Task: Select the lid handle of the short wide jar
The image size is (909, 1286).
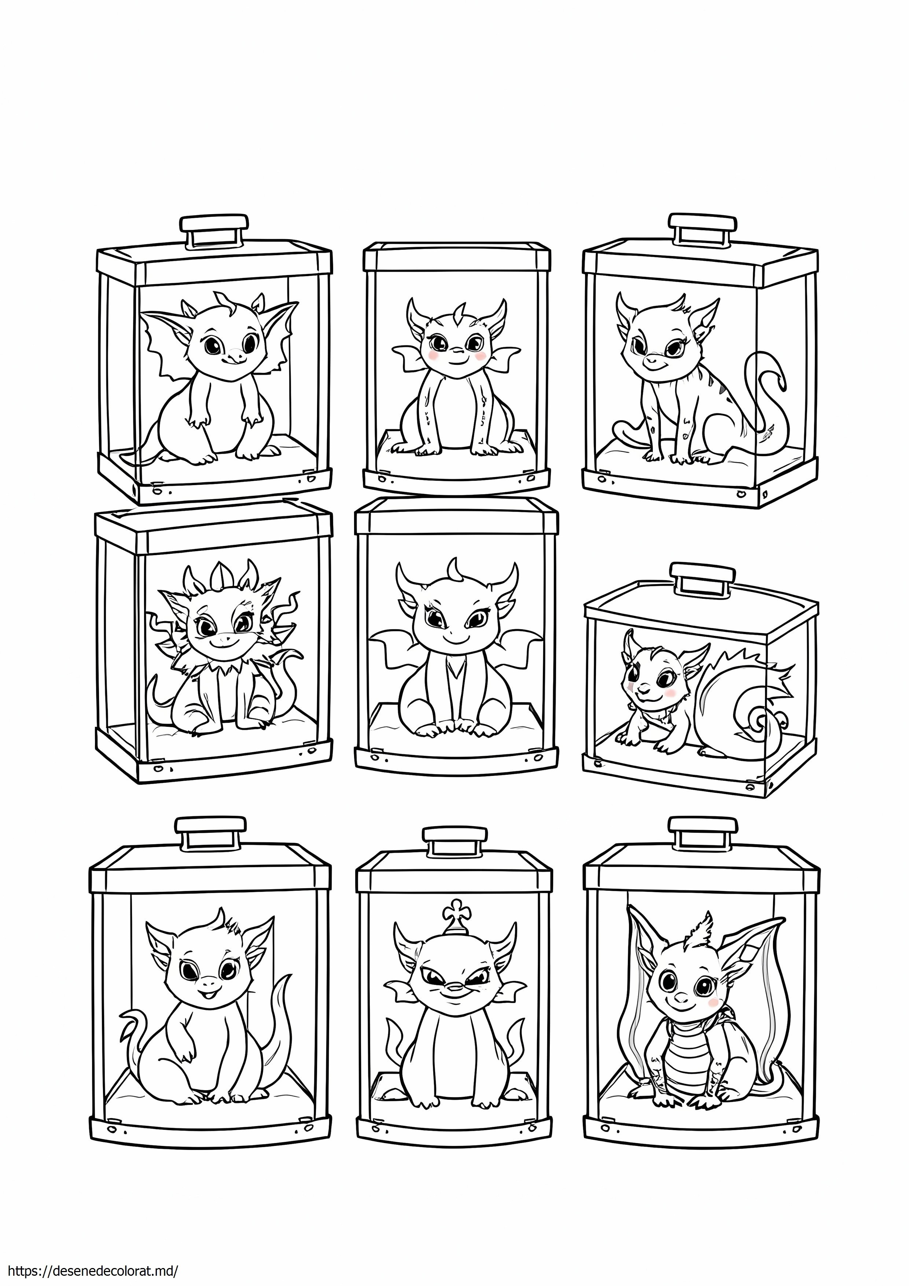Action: click(x=703, y=579)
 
